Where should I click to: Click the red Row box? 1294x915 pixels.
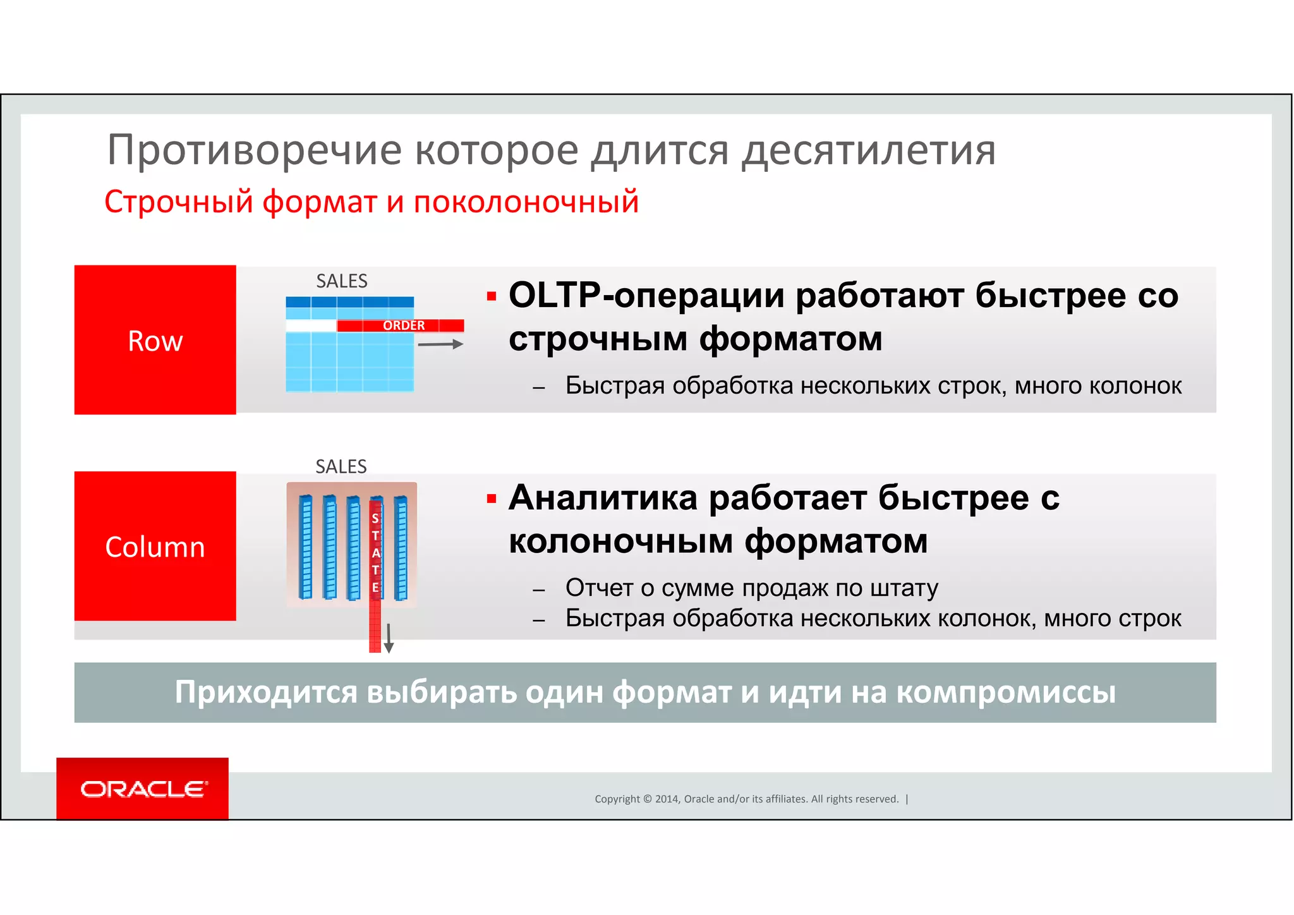coord(155,340)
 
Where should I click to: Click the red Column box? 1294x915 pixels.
coord(155,546)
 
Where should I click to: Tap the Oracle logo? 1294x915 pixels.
coord(143,789)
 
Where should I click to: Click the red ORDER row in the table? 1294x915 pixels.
coord(401,325)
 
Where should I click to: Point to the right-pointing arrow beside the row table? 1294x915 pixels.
coord(440,344)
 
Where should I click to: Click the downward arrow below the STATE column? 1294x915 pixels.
coord(389,638)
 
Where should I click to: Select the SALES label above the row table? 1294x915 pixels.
coord(342,281)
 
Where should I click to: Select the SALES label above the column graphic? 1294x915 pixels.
coord(341,466)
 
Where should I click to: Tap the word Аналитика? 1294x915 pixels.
coord(603,498)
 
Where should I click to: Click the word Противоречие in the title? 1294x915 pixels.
coord(254,150)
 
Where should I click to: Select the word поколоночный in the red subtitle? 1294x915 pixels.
coord(526,202)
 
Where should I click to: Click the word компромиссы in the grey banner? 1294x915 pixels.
coord(1006,692)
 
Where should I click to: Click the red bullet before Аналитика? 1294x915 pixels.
coord(492,499)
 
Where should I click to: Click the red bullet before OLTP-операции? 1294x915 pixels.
coord(492,296)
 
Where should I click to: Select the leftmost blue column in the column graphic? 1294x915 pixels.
coord(305,547)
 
